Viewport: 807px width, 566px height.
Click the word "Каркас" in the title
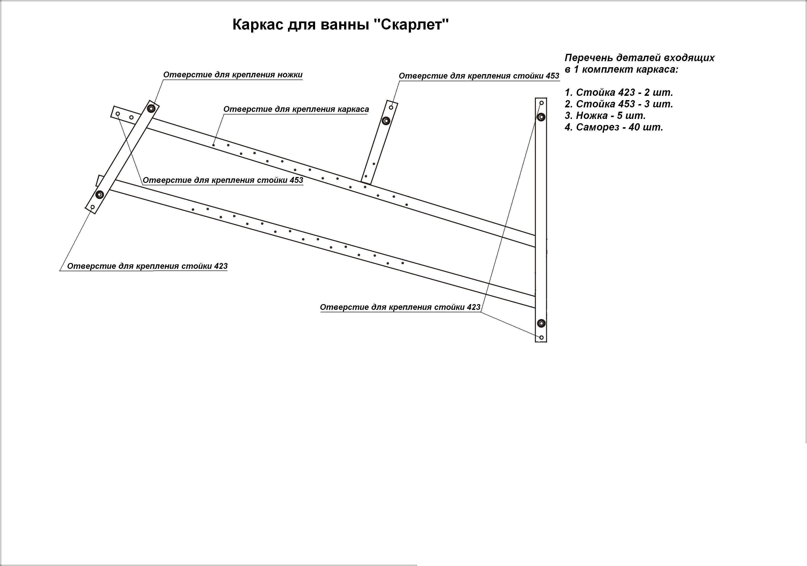(258, 25)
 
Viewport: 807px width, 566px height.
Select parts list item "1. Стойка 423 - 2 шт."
(619, 93)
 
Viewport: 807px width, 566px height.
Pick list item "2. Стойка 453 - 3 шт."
(619, 104)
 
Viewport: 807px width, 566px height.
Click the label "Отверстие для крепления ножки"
(233, 75)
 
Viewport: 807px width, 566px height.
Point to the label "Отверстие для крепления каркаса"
(296, 109)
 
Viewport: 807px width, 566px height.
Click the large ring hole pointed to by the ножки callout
(152, 108)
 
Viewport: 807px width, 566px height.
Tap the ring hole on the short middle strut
(386, 121)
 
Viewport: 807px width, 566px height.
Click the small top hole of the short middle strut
(391, 107)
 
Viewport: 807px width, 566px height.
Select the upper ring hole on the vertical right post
(541, 117)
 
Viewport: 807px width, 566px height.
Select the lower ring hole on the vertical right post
(541, 323)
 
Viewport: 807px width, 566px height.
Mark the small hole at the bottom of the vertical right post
(541, 338)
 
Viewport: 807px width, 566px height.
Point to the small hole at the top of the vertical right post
(541, 103)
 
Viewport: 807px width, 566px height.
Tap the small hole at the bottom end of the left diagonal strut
(93, 207)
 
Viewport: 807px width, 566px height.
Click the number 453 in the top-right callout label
(553, 76)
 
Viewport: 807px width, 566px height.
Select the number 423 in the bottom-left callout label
(221, 266)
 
